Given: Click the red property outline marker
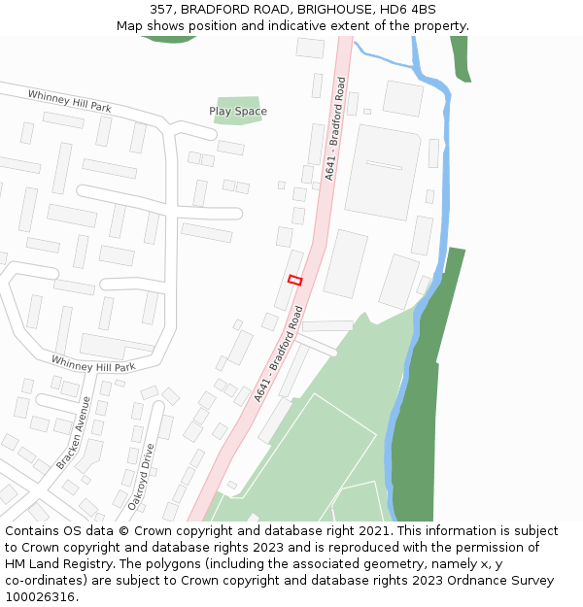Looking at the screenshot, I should point(295,280).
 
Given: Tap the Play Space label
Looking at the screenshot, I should point(237,112).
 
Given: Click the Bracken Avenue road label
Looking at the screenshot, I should point(73,432).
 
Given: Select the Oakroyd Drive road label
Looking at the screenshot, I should point(141,477).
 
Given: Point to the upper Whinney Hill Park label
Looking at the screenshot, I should point(69,100).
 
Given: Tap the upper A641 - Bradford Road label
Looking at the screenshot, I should point(335,128).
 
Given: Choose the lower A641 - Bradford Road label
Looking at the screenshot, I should point(278,354).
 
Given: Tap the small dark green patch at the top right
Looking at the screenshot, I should point(461,58).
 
